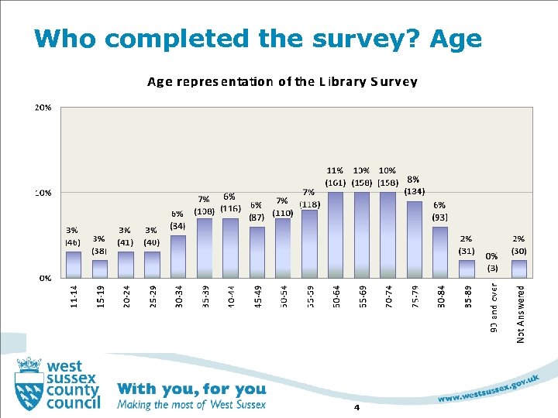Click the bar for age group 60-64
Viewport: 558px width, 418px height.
pyautogui.click(x=335, y=235)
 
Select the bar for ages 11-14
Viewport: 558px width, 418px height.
pyautogui.click(x=74, y=264)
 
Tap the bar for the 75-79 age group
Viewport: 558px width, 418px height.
pyautogui.click(x=414, y=239)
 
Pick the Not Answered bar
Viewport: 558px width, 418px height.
pyautogui.click(x=518, y=268)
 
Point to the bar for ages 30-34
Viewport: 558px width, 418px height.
pyautogui.click(x=178, y=256)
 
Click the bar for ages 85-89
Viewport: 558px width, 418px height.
pyautogui.click(x=467, y=268)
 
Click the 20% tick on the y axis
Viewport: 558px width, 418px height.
pyautogui.click(x=43, y=108)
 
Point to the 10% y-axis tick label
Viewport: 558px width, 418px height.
pyautogui.click(x=43, y=192)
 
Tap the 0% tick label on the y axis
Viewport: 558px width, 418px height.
pyautogui.click(x=45, y=276)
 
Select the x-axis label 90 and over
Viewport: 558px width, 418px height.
pyautogui.click(x=494, y=308)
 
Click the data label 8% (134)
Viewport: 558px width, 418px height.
pyautogui.click(x=414, y=185)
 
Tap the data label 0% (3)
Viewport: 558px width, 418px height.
pyautogui.click(x=492, y=262)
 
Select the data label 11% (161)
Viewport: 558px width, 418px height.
pyautogui.click(x=335, y=176)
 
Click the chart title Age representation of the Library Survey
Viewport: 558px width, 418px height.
pyautogui.click(x=282, y=81)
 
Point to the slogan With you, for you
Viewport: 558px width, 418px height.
pyautogui.click(x=191, y=389)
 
